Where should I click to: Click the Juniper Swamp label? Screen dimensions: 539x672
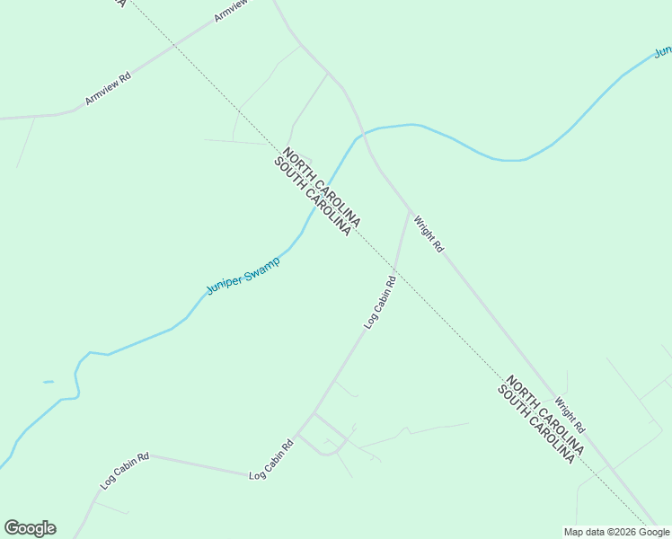coord(243,275)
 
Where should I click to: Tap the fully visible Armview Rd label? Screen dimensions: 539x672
coord(108,90)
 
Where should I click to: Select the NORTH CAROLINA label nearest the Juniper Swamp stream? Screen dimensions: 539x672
coord(323,187)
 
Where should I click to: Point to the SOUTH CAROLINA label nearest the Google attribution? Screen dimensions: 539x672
coord(535,424)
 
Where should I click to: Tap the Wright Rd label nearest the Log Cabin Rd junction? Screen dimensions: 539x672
coord(429,233)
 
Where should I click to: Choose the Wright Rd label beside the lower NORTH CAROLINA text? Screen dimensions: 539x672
coord(570,415)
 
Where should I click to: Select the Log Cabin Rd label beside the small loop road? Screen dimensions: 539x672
coord(272,459)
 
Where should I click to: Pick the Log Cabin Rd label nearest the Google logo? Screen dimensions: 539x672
coord(125,470)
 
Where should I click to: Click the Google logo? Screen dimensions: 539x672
coord(30,528)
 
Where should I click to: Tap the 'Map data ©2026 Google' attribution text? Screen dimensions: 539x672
coord(616,532)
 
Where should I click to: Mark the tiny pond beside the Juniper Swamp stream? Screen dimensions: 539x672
coord(49,382)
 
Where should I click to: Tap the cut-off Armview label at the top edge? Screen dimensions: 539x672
coord(231,11)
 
